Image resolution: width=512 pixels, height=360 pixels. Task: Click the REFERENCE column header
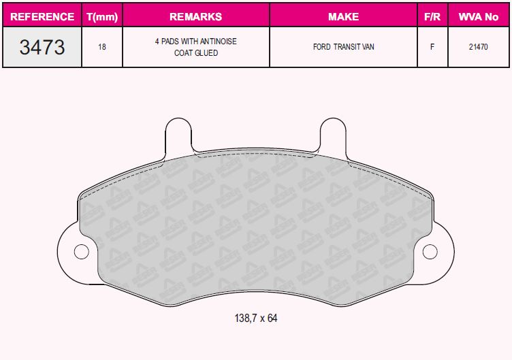42,16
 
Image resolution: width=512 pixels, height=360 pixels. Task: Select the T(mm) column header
102,16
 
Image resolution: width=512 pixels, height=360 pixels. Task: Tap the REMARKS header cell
195,16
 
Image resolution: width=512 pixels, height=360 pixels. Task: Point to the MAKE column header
343,16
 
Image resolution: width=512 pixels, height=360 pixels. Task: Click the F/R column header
432,16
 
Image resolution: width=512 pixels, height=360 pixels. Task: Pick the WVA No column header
478,16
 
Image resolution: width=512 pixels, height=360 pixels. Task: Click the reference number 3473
42,47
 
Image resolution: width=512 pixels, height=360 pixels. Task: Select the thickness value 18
102,48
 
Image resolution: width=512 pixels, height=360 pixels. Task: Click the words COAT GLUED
195,53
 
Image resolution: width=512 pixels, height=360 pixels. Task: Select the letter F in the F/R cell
432,48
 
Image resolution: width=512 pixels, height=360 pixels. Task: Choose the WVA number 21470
478,48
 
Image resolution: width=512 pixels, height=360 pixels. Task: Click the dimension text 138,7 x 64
256,318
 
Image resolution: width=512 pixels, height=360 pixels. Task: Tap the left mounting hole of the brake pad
82,251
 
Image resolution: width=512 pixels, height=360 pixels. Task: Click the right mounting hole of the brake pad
430,251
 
